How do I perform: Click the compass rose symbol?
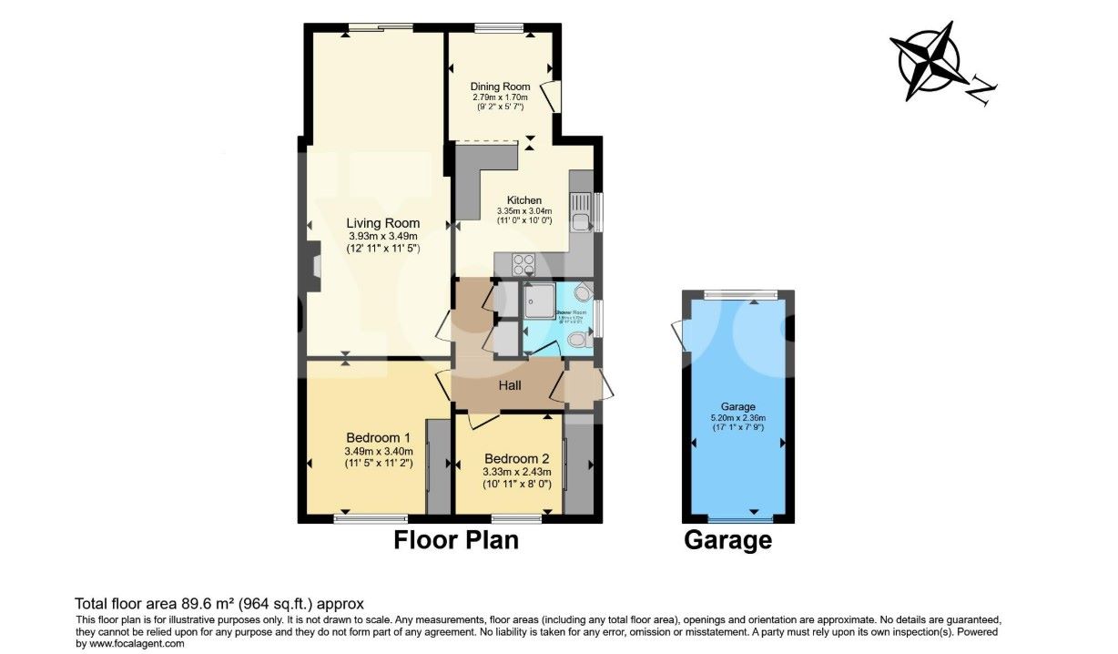[930, 62]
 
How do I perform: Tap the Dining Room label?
[500, 87]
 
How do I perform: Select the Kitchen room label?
[524, 200]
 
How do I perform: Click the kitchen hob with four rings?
[524, 264]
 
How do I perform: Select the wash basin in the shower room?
[584, 291]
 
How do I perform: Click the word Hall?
[510, 386]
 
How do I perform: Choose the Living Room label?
[382, 223]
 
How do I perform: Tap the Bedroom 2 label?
[516, 458]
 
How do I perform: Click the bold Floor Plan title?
[455, 540]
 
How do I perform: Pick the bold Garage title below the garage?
[727, 540]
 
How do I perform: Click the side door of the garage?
[678, 335]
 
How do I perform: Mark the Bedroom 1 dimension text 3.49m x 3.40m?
[379, 451]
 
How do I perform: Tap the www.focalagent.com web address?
[138, 643]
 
